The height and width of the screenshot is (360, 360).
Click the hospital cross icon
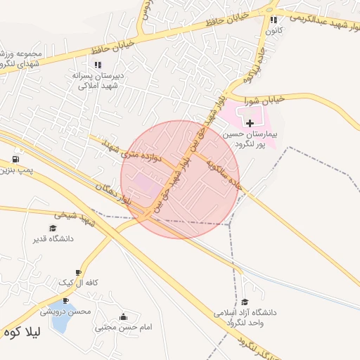pos(250,123)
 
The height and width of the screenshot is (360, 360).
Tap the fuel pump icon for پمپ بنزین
pos(16,159)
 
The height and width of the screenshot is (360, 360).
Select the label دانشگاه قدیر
pos(53,238)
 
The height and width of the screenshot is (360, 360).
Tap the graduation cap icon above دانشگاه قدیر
pos(52,228)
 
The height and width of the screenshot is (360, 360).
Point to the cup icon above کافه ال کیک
pos(77,272)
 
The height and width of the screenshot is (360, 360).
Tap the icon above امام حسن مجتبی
pos(124,316)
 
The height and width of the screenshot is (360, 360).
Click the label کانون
pos(274,30)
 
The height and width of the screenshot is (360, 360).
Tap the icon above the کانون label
pos(274,20)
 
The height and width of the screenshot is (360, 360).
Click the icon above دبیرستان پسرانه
pos(98,65)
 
